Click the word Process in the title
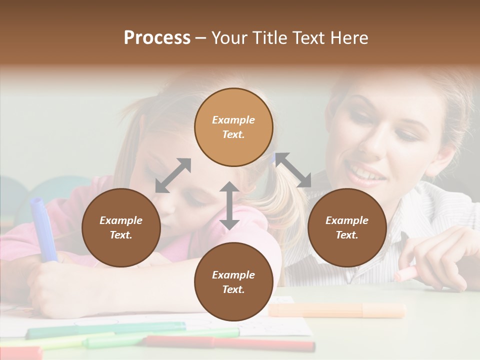point(157,38)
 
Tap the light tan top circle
point(233,127)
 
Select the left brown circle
point(121,227)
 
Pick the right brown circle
point(347,227)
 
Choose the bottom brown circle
point(233,282)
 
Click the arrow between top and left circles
point(173,175)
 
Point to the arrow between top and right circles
point(293,170)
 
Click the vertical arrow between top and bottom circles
point(229,205)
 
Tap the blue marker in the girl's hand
point(42,227)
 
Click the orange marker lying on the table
point(337,310)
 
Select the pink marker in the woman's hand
point(405,273)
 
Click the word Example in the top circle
point(233,120)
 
